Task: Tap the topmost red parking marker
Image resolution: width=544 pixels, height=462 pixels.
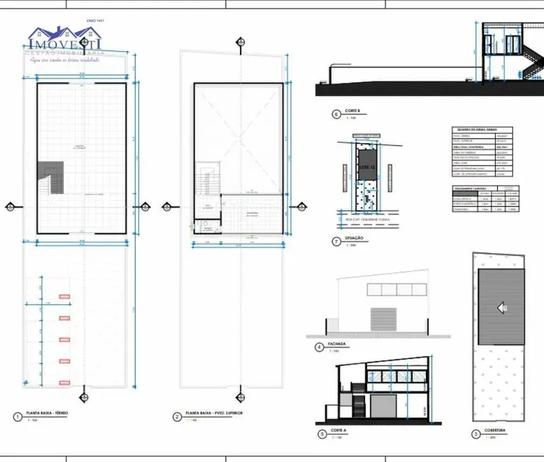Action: [65, 294]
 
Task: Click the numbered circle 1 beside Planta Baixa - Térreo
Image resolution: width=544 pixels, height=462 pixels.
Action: [16, 416]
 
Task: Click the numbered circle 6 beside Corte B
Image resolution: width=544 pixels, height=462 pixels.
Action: [336, 114]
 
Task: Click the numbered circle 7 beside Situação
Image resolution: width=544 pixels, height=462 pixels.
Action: [336, 241]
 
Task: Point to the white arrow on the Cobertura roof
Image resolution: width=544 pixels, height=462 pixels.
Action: [501, 307]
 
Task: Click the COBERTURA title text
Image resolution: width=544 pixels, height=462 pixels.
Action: [498, 430]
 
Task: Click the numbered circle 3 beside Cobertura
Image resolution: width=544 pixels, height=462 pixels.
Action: [476, 434]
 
